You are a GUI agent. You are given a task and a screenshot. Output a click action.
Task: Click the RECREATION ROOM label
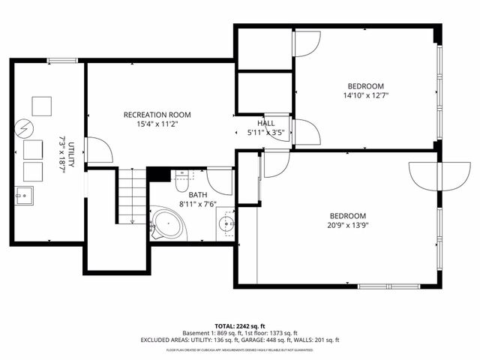(x=157, y=115)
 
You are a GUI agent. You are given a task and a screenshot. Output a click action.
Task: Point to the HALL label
(x=265, y=123)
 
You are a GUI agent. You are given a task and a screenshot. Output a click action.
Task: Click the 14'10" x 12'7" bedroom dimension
(x=365, y=95)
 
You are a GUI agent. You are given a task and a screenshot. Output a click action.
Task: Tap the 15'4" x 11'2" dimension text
(x=157, y=125)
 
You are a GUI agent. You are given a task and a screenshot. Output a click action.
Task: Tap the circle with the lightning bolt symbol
(x=25, y=128)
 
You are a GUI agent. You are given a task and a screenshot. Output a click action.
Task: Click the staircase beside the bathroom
(x=131, y=196)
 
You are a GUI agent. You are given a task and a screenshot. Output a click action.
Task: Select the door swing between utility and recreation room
(x=99, y=149)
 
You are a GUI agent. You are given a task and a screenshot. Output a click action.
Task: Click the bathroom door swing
(x=219, y=180)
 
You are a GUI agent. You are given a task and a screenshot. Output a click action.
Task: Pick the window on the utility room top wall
(x=58, y=61)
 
